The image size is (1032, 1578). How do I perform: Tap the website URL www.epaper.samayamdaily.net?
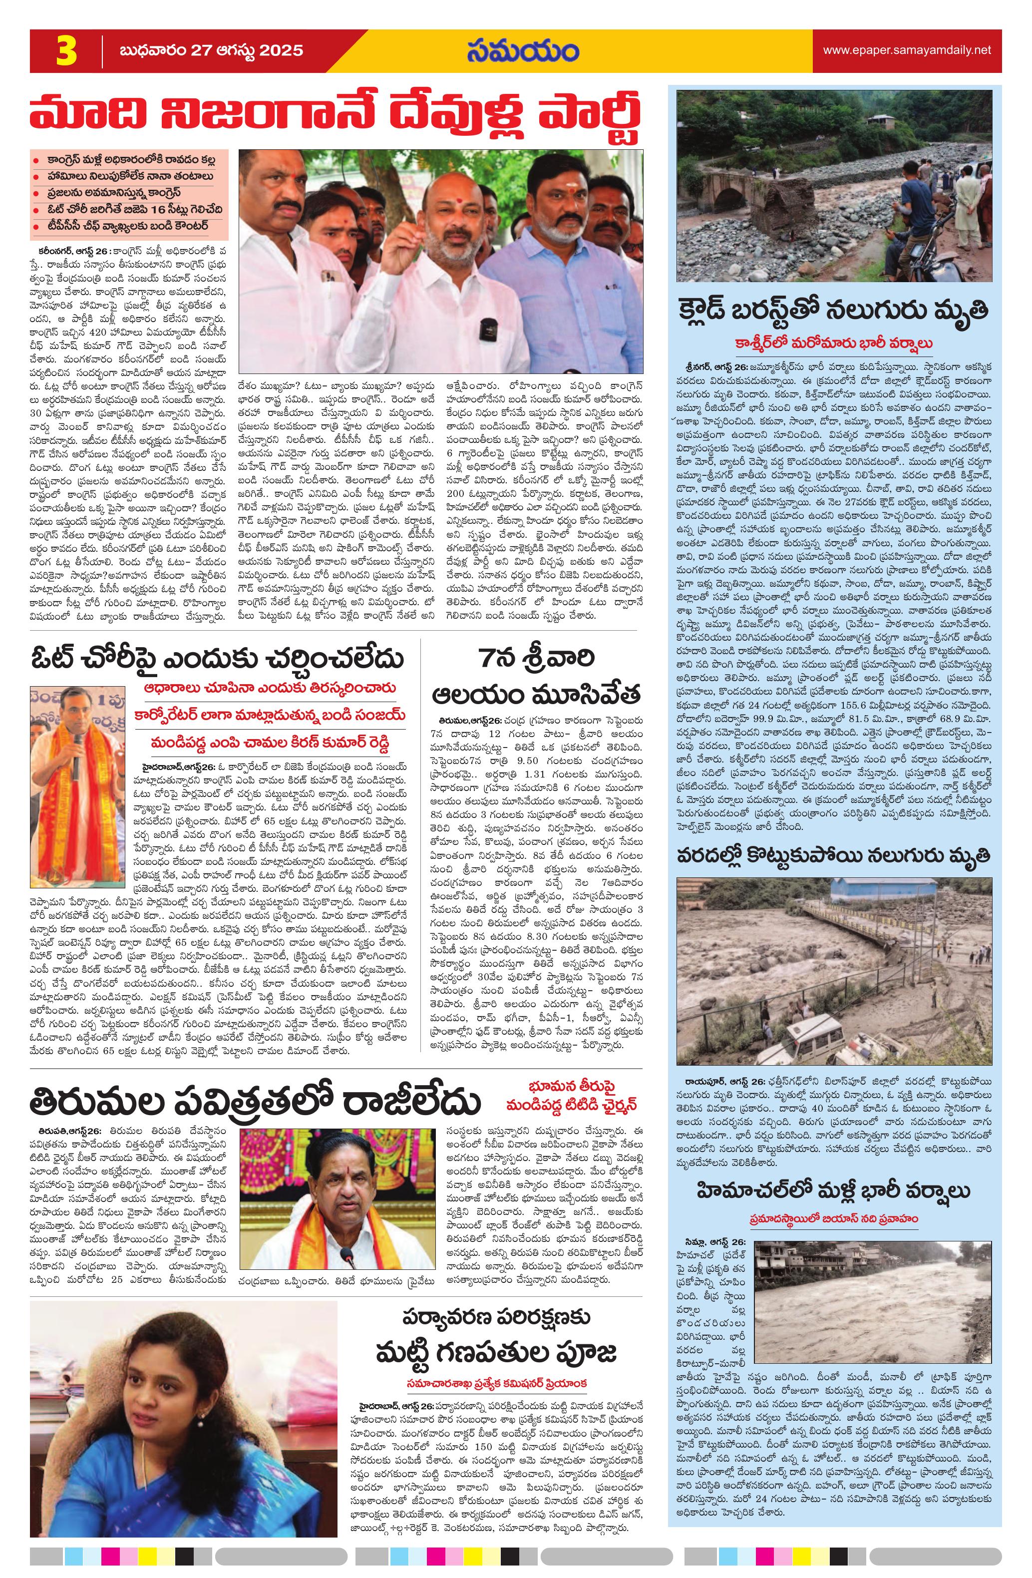tap(907, 50)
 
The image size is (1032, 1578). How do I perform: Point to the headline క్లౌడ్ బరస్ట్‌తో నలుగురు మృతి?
tap(834, 310)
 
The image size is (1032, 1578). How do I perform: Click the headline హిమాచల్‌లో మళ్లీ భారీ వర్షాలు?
tap(833, 1172)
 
